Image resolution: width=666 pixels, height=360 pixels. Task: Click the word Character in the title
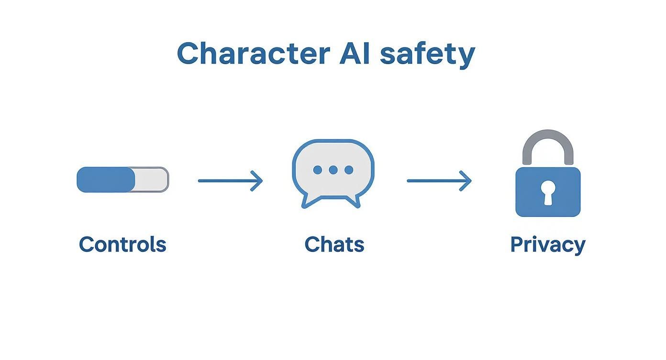click(253, 53)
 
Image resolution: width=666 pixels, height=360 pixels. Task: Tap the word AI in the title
click(354, 53)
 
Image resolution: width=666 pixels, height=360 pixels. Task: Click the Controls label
click(122, 244)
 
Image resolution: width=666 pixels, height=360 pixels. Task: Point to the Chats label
click(334, 244)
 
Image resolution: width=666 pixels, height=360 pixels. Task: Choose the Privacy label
click(547, 245)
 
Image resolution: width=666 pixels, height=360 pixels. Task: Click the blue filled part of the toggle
click(106, 180)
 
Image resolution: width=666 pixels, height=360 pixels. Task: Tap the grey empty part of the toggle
click(152, 180)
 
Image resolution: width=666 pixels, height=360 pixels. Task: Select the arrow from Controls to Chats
click(230, 181)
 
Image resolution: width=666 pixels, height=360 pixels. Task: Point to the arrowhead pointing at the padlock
click(466, 181)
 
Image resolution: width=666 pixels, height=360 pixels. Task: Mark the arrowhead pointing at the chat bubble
click(258, 181)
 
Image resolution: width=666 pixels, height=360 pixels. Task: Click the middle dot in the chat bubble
click(333, 170)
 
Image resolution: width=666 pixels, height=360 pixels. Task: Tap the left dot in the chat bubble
click(317, 170)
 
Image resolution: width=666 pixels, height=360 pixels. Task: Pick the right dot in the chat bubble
click(349, 170)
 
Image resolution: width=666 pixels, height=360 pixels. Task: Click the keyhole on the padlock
click(548, 192)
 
